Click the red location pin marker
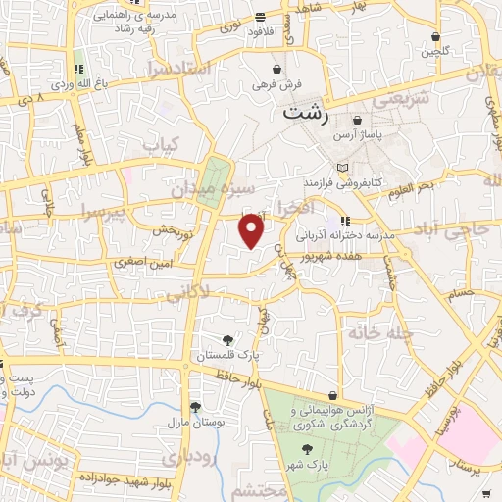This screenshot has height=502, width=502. (252, 231)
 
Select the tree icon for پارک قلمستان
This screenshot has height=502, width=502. (228, 339)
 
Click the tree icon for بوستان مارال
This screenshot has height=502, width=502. (195, 406)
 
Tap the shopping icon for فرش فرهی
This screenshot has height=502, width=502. (278, 70)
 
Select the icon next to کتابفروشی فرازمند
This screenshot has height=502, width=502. (341, 168)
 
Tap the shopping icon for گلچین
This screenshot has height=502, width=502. (433, 38)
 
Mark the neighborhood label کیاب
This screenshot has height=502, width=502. (163, 143)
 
